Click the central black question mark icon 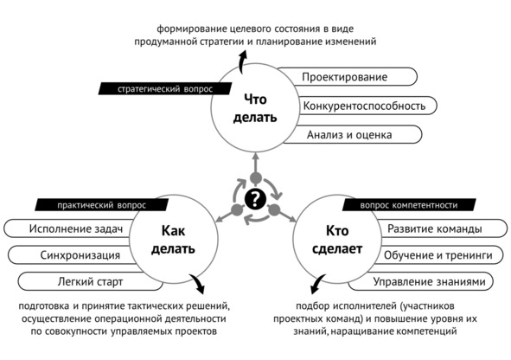tap(256, 199)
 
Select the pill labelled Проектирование tap(347, 77)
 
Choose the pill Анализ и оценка tap(353, 134)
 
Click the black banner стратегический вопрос tap(165, 88)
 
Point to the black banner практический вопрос tap(102, 205)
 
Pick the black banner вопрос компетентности tap(409, 205)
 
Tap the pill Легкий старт tap(90, 281)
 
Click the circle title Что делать tap(255, 108)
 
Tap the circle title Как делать tap(174, 240)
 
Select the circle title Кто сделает tap(337, 240)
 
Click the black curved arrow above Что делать tap(240, 62)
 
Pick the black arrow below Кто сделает tap(316, 284)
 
